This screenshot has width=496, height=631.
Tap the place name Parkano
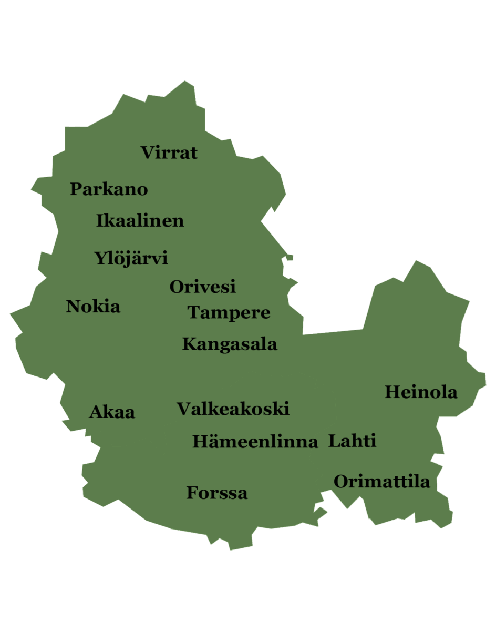tap(109, 189)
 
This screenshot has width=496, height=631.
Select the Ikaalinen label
tap(140, 221)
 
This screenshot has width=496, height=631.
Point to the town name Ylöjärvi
tap(131, 259)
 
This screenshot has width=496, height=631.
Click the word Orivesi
tap(202, 287)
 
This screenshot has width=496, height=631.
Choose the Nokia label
tap(93, 306)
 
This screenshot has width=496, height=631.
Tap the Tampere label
tap(229, 313)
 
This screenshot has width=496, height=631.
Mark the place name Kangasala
tap(230, 344)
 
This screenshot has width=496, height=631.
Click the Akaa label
tap(112, 412)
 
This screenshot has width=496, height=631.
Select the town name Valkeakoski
tap(233, 409)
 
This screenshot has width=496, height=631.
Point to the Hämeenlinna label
tap(255, 442)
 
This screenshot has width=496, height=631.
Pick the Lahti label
tap(352, 441)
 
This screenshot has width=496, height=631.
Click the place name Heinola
tap(421, 392)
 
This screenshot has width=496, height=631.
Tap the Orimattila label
tap(381, 482)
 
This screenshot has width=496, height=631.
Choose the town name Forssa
tap(217, 493)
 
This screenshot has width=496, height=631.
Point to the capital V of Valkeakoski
tap(184, 409)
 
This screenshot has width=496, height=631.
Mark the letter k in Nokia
tap(97, 306)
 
